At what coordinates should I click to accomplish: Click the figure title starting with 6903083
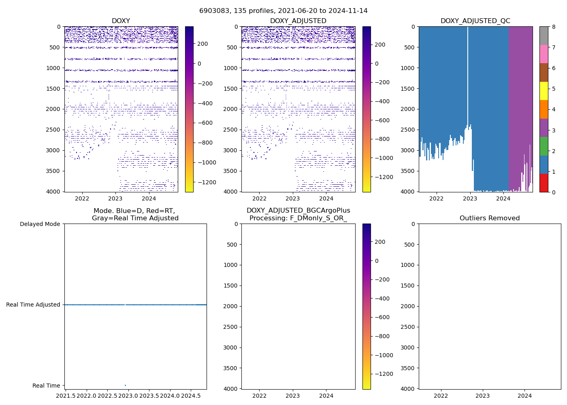(283, 11)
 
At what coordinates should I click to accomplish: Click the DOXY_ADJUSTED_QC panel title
(475, 21)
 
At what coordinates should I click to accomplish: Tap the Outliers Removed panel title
(489, 218)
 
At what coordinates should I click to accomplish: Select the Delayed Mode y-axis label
(40, 224)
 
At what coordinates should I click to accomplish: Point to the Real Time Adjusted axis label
(33, 305)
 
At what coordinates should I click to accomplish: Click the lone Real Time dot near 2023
(125, 385)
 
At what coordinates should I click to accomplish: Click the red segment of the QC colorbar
(544, 183)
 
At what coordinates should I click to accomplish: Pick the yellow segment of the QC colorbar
(544, 91)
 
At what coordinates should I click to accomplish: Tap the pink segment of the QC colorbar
(544, 54)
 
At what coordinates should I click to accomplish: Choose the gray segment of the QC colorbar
(544, 36)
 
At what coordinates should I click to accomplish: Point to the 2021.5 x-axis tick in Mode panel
(66, 395)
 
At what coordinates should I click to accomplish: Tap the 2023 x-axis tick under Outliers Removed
(482, 396)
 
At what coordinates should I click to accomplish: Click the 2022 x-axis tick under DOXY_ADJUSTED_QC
(436, 198)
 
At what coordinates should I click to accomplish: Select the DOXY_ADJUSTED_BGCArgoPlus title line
(298, 211)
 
